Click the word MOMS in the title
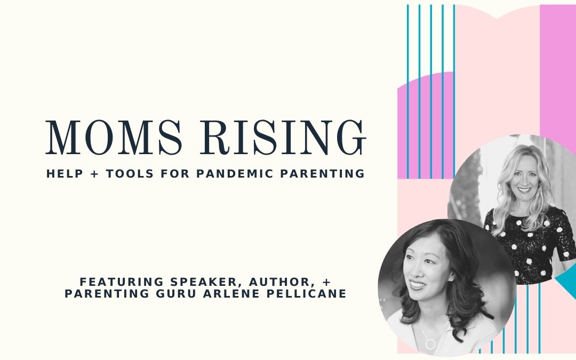coord(114,138)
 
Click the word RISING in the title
coord(283,138)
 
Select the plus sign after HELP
coord(94,174)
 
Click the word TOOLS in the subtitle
coord(130,173)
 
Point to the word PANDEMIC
coord(235,173)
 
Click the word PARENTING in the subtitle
coord(323,173)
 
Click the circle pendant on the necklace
coord(430,344)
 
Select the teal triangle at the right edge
coord(567,282)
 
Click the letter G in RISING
coord(351,138)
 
